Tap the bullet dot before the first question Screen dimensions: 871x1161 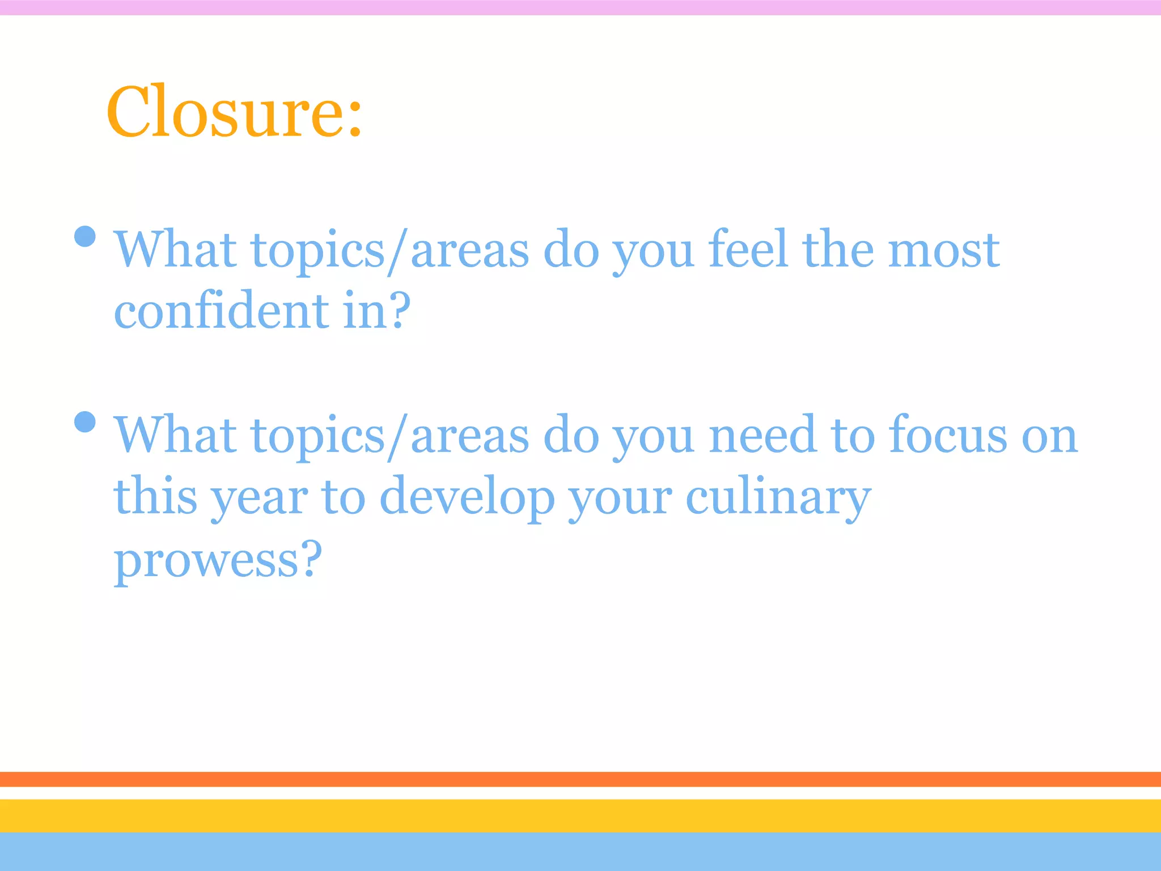pyautogui.click(x=85, y=236)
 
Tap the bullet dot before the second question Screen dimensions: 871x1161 pyautogui.click(x=85, y=422)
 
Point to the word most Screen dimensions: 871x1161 pyautogui.click(x=943, y=250)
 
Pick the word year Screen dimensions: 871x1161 pyautogui.click(x=260, y=498)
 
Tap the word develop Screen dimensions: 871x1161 pyautogui.click(x=467, y=498)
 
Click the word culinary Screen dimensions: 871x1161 pyautogui.click(x=778, y=498)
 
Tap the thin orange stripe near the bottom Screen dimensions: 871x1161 pyautogui.click(x=580, y=779)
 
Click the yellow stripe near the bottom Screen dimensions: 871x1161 pyautogui.click(x=580, y=815)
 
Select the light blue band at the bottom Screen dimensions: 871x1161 pyautogui.click(x=580, y=852)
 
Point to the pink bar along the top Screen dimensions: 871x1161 pyautogui.click(x=580, y=7)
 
